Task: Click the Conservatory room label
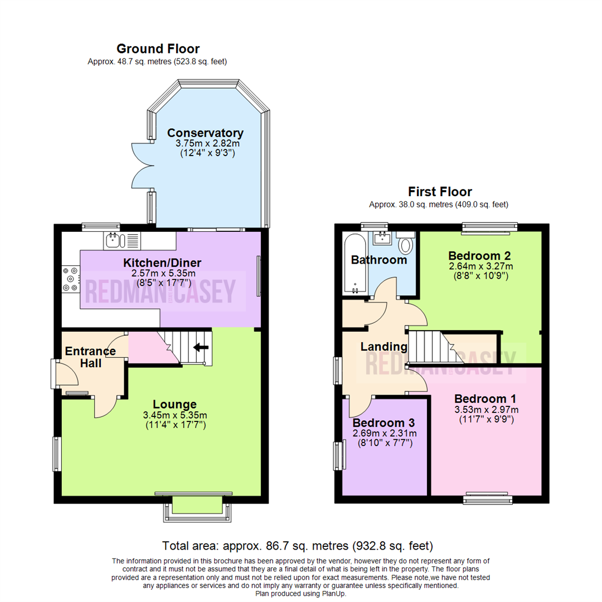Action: (205, 133)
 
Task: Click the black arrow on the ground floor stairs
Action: (201, 347)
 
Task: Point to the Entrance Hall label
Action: (90, 357)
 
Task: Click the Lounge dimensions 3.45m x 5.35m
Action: (174, 415)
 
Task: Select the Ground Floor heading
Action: (157, 49)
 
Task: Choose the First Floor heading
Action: (440, 192)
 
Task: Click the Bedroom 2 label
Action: (480, 255)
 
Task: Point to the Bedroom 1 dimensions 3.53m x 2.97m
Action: (485, 410)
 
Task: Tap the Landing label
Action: (383, 347)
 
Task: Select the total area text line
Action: (298, 545)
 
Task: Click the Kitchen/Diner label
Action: (162, 263)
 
